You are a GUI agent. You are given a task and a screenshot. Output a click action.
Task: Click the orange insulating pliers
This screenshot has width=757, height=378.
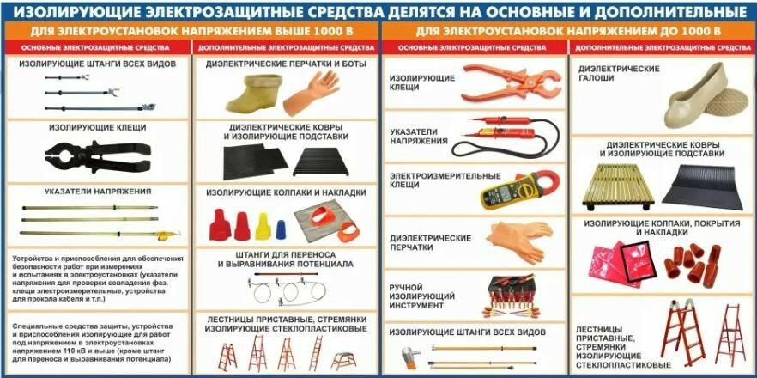click(511, 82)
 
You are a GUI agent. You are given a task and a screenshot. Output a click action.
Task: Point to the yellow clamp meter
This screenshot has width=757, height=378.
click(519, 190)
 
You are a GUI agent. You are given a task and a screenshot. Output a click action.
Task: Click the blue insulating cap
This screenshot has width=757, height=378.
click(281, 229)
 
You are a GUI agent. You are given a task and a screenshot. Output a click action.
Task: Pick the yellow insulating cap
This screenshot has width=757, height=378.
click(263, 226)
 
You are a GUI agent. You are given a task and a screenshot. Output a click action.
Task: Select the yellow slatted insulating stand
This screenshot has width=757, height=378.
click(617, 186)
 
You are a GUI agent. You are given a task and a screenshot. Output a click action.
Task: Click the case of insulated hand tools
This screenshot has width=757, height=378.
click(512, 295)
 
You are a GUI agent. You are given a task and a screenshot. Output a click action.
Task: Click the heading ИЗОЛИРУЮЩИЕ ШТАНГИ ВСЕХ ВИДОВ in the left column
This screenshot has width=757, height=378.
click(98, 64)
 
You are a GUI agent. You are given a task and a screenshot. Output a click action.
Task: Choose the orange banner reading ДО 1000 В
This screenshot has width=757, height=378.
click(568, 32)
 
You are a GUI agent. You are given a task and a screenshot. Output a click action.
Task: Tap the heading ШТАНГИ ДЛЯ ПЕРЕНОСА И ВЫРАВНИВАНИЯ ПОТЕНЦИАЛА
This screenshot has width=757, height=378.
click(285, 259)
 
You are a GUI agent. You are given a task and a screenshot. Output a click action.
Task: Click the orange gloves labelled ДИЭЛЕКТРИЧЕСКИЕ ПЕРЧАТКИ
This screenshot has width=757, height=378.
click(520, 241)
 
